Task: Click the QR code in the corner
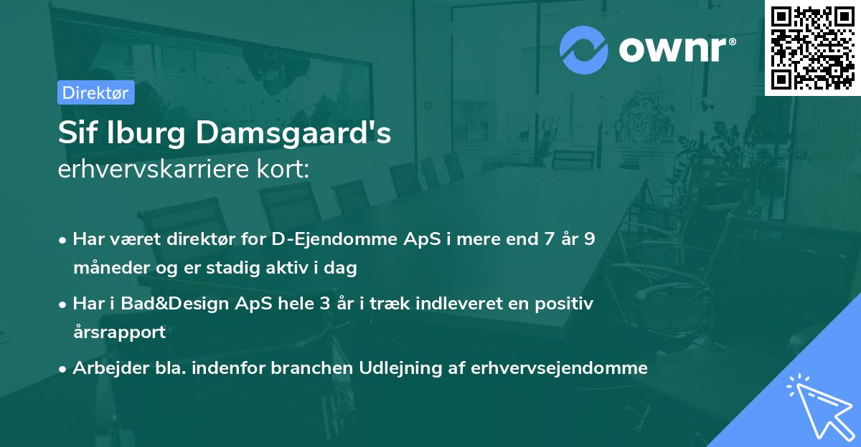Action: pos(812,48)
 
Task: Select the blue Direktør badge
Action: pos(95,92)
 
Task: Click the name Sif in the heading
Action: pos(78,134)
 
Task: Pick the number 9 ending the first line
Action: pos(589,239)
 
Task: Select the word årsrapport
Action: pos(119,332)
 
